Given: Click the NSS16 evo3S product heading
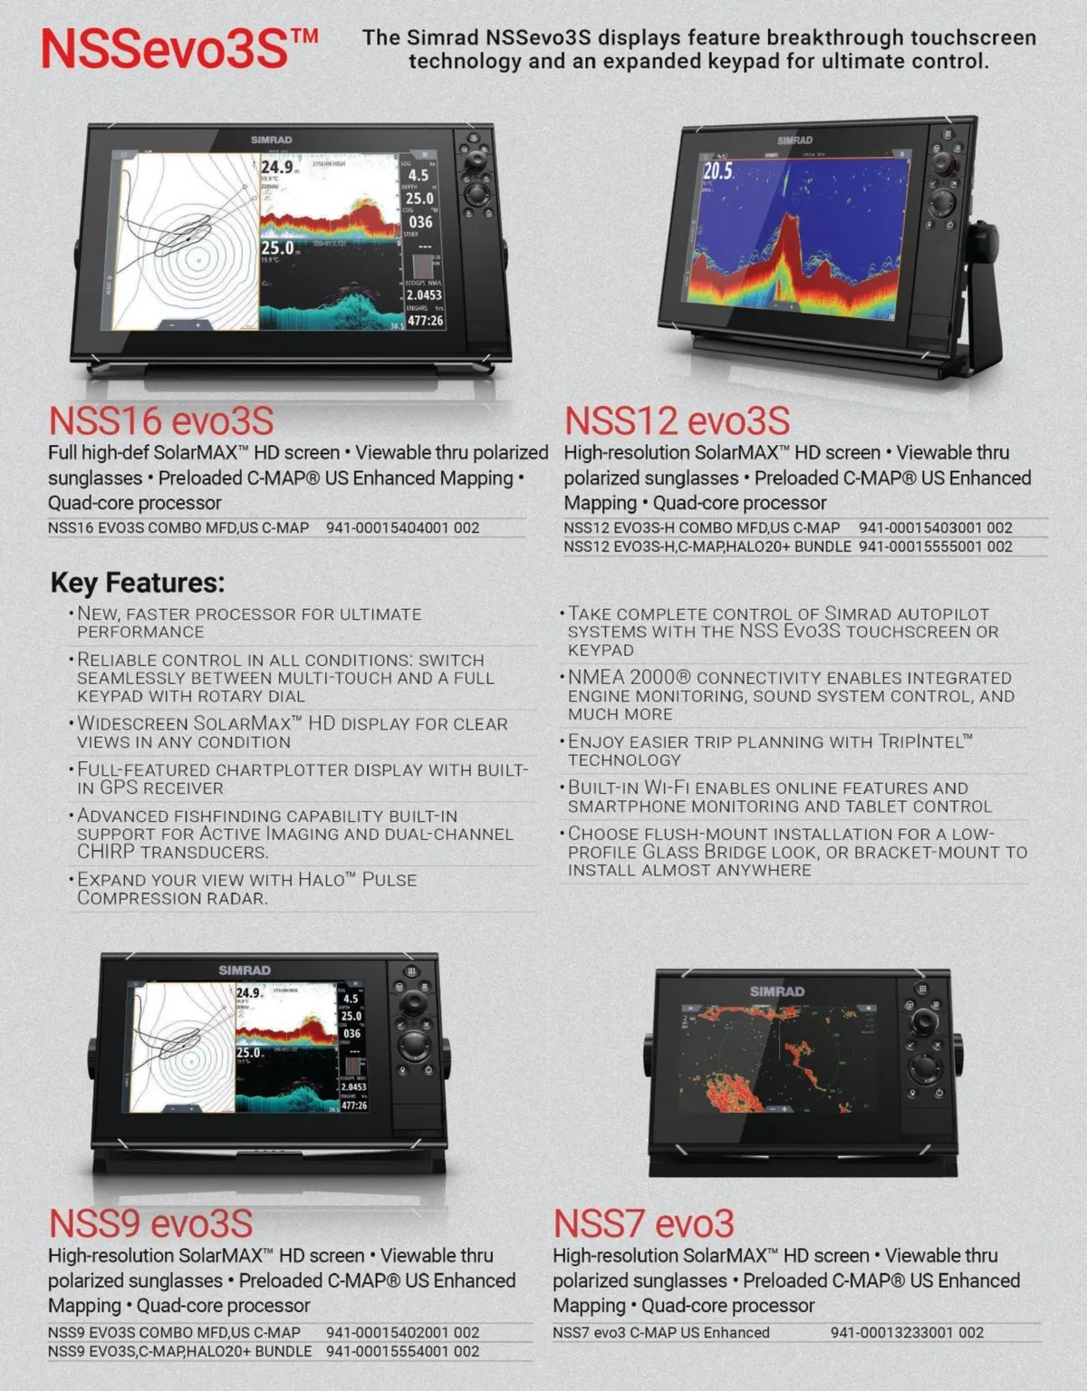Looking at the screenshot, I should click(x=160, y=421).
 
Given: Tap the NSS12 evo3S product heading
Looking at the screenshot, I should click(x=677, y=421).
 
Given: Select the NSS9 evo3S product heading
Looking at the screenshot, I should click(x=150, y=1223).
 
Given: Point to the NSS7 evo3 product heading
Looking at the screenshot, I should click(x=643, y=1223).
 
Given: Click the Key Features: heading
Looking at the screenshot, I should click(x=137, y=583).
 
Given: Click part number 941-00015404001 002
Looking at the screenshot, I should click(x=402, y=527).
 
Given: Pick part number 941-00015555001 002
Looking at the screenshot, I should click(x=935, y=546).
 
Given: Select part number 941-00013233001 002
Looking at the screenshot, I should click(x=907, y=1332).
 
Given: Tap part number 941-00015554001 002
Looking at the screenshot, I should click(x=402, y=1351).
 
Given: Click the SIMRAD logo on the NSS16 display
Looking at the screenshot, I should click(x=271, y=140).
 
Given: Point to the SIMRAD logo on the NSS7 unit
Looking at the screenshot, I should click(x=776, y=991).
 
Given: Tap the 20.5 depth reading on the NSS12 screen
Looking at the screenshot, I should click(x=717, y=170).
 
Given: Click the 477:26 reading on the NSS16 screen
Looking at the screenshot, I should click(x=425, y=321).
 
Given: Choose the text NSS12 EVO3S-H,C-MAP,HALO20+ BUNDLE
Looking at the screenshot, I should click(x=707, y=546).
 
